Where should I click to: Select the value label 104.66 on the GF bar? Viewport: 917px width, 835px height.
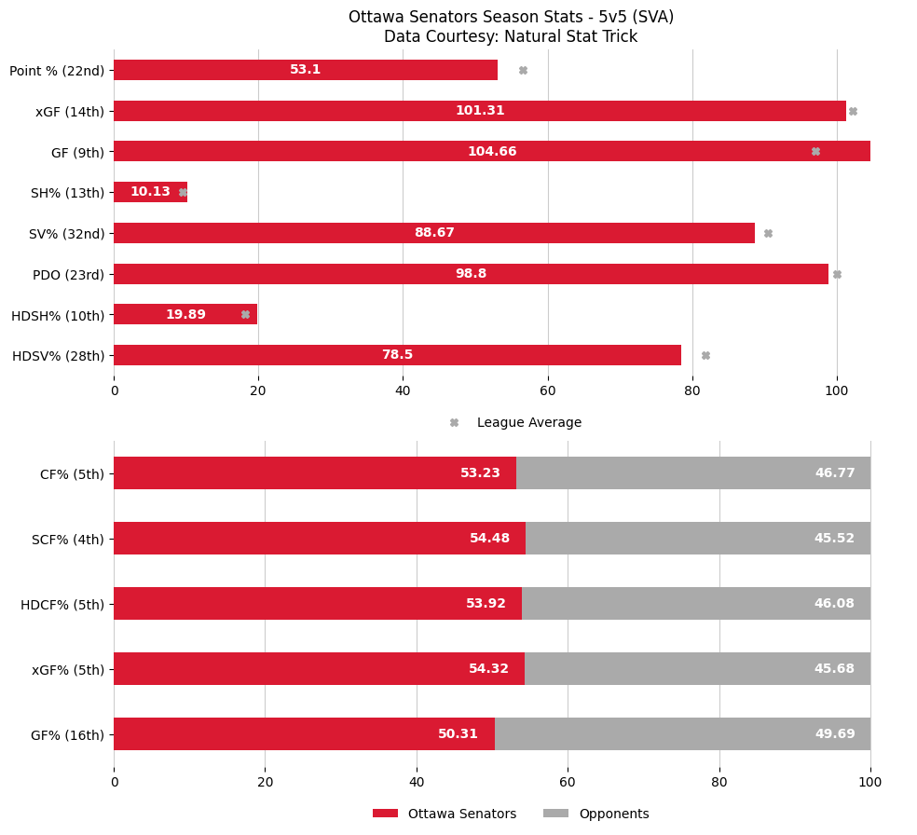point(492,152)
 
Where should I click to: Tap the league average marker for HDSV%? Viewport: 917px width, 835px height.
point(705,355)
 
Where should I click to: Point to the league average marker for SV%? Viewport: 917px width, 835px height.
point(768,233)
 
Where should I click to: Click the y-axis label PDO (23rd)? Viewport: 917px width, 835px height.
point(68,274)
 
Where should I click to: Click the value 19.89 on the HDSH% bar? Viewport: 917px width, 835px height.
point(185,315)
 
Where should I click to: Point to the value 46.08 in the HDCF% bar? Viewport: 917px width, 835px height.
point(834,604)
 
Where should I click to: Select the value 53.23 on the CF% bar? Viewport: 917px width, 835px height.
point(480,473)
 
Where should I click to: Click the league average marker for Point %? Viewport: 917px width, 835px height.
point(523,70)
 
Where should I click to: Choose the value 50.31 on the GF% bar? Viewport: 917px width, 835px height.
point(458,734)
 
